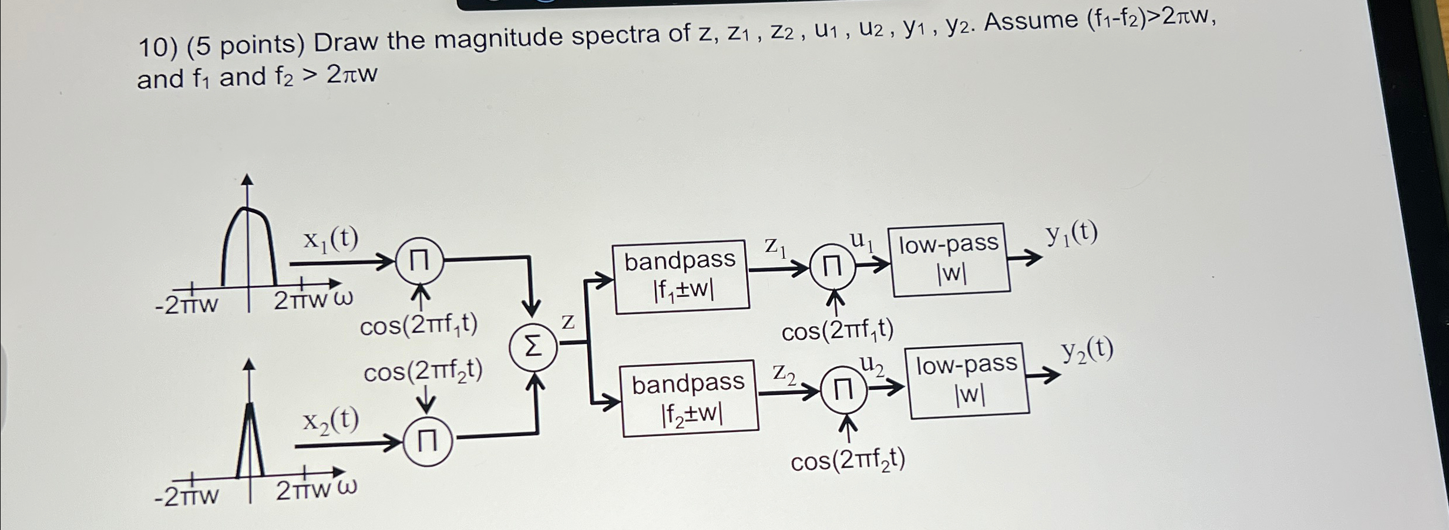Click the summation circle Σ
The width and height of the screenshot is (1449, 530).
(x=533, y=348)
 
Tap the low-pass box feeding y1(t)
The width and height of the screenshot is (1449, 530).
(x=950, y=258)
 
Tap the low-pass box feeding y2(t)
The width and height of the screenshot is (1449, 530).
(x=968, y=380)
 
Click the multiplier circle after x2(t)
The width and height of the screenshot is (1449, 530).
(x=428, y=442)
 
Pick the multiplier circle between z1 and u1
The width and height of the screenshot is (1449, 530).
(x=832, y=267)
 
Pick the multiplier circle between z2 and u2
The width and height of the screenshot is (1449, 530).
(x=844, y=390)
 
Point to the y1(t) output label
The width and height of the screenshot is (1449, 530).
(x=1071, y=235)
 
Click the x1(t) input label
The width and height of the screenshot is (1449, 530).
(x=331, y=239)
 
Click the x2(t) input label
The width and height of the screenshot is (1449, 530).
(x=331, y=421)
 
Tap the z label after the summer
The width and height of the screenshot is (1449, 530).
(x=568, y=322)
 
